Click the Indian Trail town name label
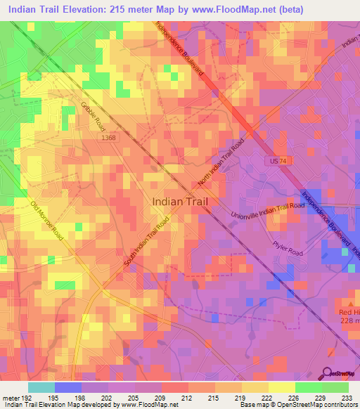click(180, 201)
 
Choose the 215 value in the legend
click(214, 397)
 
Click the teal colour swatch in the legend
click(41, 387)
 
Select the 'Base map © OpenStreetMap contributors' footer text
click(298, 405)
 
